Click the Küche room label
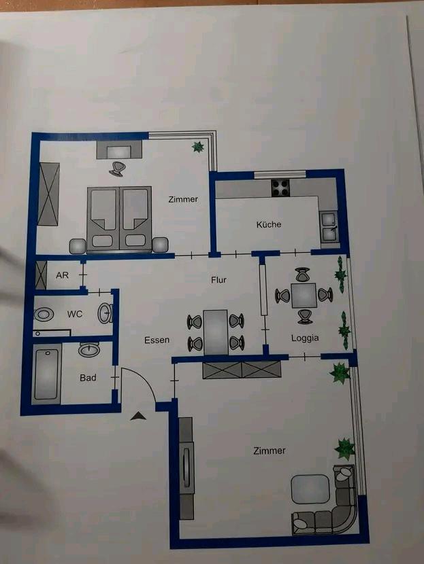point(269,224)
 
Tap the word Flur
point(218,280)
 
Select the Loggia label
point(305,337)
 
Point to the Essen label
point(157,340)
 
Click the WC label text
point(75,315)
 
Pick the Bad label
point(88,377)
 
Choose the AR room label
point(63,276)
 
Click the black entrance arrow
point(138,417)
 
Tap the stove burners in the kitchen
point(280,187)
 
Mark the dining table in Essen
point(216,332)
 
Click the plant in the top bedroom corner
point(198,146)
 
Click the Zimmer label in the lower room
point(269,451)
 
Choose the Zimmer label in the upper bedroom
point(183,199)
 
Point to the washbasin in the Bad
point(89,350)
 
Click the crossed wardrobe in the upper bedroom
point(49,194)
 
